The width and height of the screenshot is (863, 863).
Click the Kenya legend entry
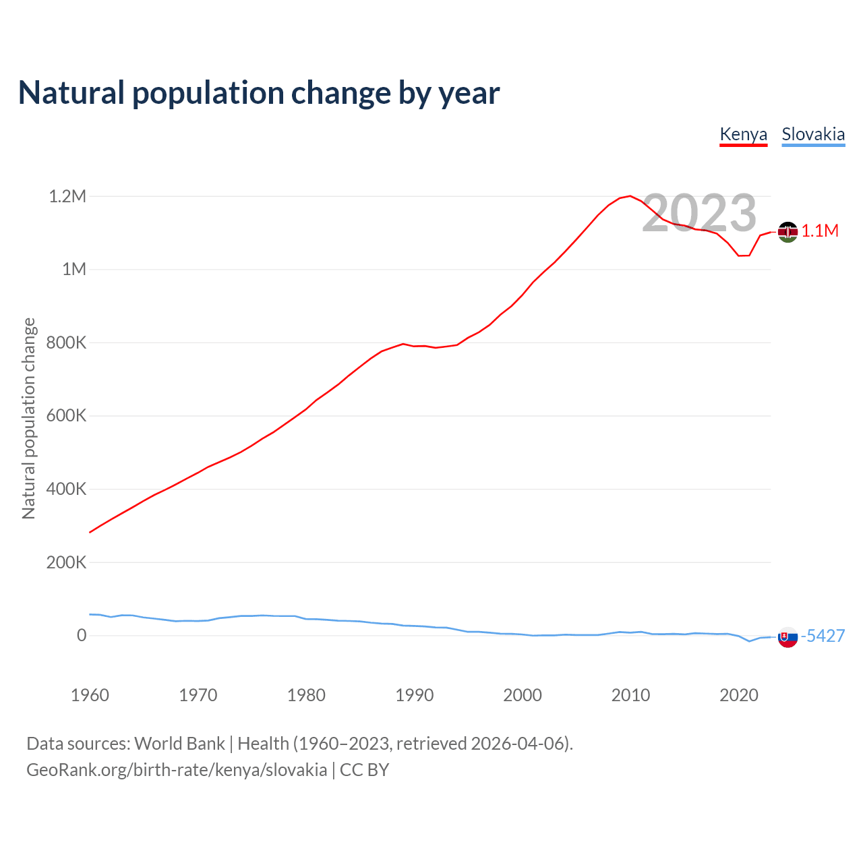[744, 134]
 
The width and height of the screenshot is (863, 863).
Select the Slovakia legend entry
[813, 134]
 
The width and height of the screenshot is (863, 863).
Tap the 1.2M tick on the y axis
[67, 196]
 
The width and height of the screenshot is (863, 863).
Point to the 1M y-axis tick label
[74, 270]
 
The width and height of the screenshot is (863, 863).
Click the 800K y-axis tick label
[66, 343]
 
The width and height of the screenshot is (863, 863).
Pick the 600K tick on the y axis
[66, 416]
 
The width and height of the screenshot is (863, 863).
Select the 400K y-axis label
[66, 489]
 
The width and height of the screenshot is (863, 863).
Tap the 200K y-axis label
[66, 562]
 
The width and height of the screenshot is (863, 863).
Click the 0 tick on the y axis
[82, 635]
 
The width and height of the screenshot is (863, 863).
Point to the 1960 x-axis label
[90, 695]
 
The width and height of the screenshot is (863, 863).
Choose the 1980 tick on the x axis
[306, 695]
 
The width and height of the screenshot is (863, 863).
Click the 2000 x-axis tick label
[523, 695]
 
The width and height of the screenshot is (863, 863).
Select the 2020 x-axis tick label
[739, 695]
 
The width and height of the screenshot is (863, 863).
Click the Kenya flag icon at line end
[787, 232]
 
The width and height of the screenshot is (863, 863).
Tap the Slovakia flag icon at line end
[787, 636]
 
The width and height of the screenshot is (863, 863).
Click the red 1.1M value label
[820, 231]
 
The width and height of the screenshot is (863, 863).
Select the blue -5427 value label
[823, 636]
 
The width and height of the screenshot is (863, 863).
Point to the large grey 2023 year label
[699, 213]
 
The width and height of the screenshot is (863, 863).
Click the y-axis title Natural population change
[29, 418]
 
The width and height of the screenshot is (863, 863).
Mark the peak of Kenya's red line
[630, 196]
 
